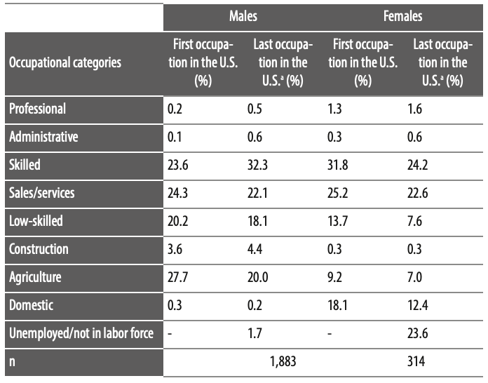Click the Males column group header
[x=243, y=15]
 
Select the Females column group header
[x=403, y=15]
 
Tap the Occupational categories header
[x=65, y=62]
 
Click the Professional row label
[x=38, y=109]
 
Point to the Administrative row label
[x=43, y=137]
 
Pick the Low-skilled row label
[x=36, y=221]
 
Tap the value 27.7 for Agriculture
[x=178, y=277]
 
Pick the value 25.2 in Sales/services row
[x=337, y=193]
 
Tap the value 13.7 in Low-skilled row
[x=337, y=221]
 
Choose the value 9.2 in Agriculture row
[x=334, y=277]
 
